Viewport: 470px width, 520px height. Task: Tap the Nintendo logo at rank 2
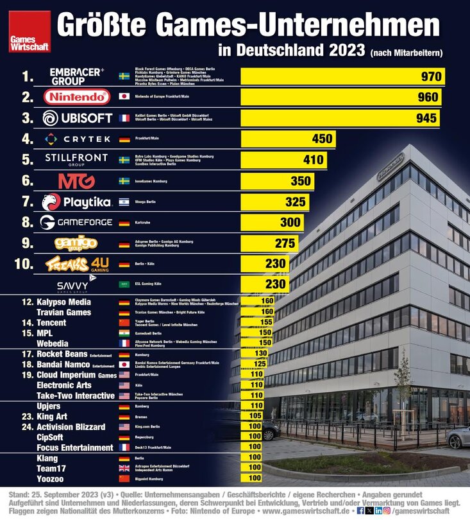77,97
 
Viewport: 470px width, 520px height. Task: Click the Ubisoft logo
77,118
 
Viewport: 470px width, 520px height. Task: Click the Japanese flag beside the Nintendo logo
124,97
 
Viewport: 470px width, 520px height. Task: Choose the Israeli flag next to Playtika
124,202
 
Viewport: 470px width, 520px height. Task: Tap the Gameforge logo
77,223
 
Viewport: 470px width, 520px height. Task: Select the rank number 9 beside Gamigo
27,243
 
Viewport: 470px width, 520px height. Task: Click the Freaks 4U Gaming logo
77,264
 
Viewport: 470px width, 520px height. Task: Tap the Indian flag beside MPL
124,334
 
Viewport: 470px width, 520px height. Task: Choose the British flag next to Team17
124,468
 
